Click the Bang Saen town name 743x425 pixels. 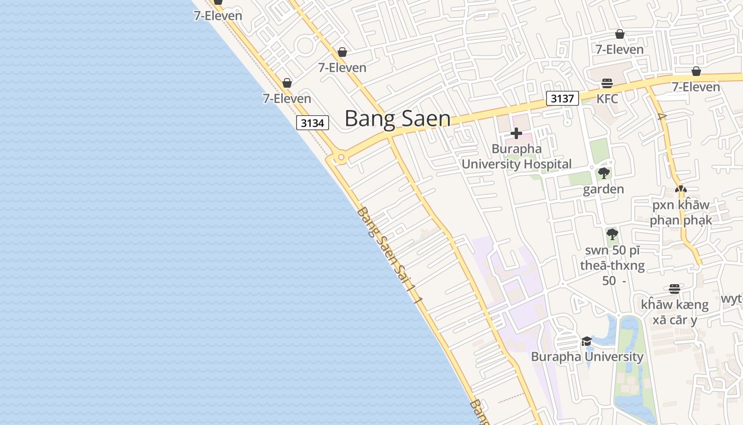(398, 118)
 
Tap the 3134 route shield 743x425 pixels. (313, 123)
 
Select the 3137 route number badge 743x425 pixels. (563, 98)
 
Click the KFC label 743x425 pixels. (607, 99)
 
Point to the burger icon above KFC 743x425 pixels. (607, 83)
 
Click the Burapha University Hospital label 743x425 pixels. (516, 157)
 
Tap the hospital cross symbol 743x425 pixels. (516, 133)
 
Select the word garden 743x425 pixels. (603, 189)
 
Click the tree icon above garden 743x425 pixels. (603, 173)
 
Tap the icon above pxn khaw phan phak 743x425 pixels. (680, 189)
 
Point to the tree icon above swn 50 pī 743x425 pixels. (612, 234)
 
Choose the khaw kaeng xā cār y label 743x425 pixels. (675, 312)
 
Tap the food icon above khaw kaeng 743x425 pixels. (675, 289)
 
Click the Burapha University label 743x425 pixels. (587, 356)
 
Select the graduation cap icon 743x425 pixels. (586, 341)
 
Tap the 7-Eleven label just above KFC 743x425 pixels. (619, 49)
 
